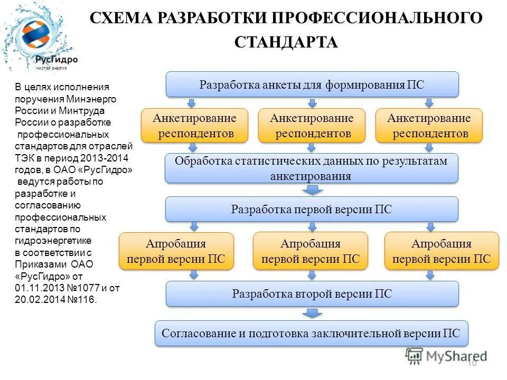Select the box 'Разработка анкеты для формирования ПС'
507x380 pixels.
click(313, 84)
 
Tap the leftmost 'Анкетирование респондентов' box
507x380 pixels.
click(194, 126)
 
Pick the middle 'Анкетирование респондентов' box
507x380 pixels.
click(312, 126)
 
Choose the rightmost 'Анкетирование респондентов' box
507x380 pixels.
click(429, 126)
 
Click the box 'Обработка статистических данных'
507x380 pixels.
click(312, 168)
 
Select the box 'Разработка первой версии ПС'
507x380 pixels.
click(312, 209)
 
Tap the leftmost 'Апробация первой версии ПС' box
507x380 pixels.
click(176, 251)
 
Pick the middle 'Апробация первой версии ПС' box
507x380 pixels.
click(311, 251)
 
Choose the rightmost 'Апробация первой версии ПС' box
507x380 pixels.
click(442, 251)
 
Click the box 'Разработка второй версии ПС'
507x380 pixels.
click(312, 293)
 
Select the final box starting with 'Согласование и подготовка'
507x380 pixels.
click(312, 334)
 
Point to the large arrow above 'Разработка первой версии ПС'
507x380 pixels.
click(312, 190)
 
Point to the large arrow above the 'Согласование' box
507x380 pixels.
click(313, 313)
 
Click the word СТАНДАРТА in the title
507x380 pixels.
click(286, 42)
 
